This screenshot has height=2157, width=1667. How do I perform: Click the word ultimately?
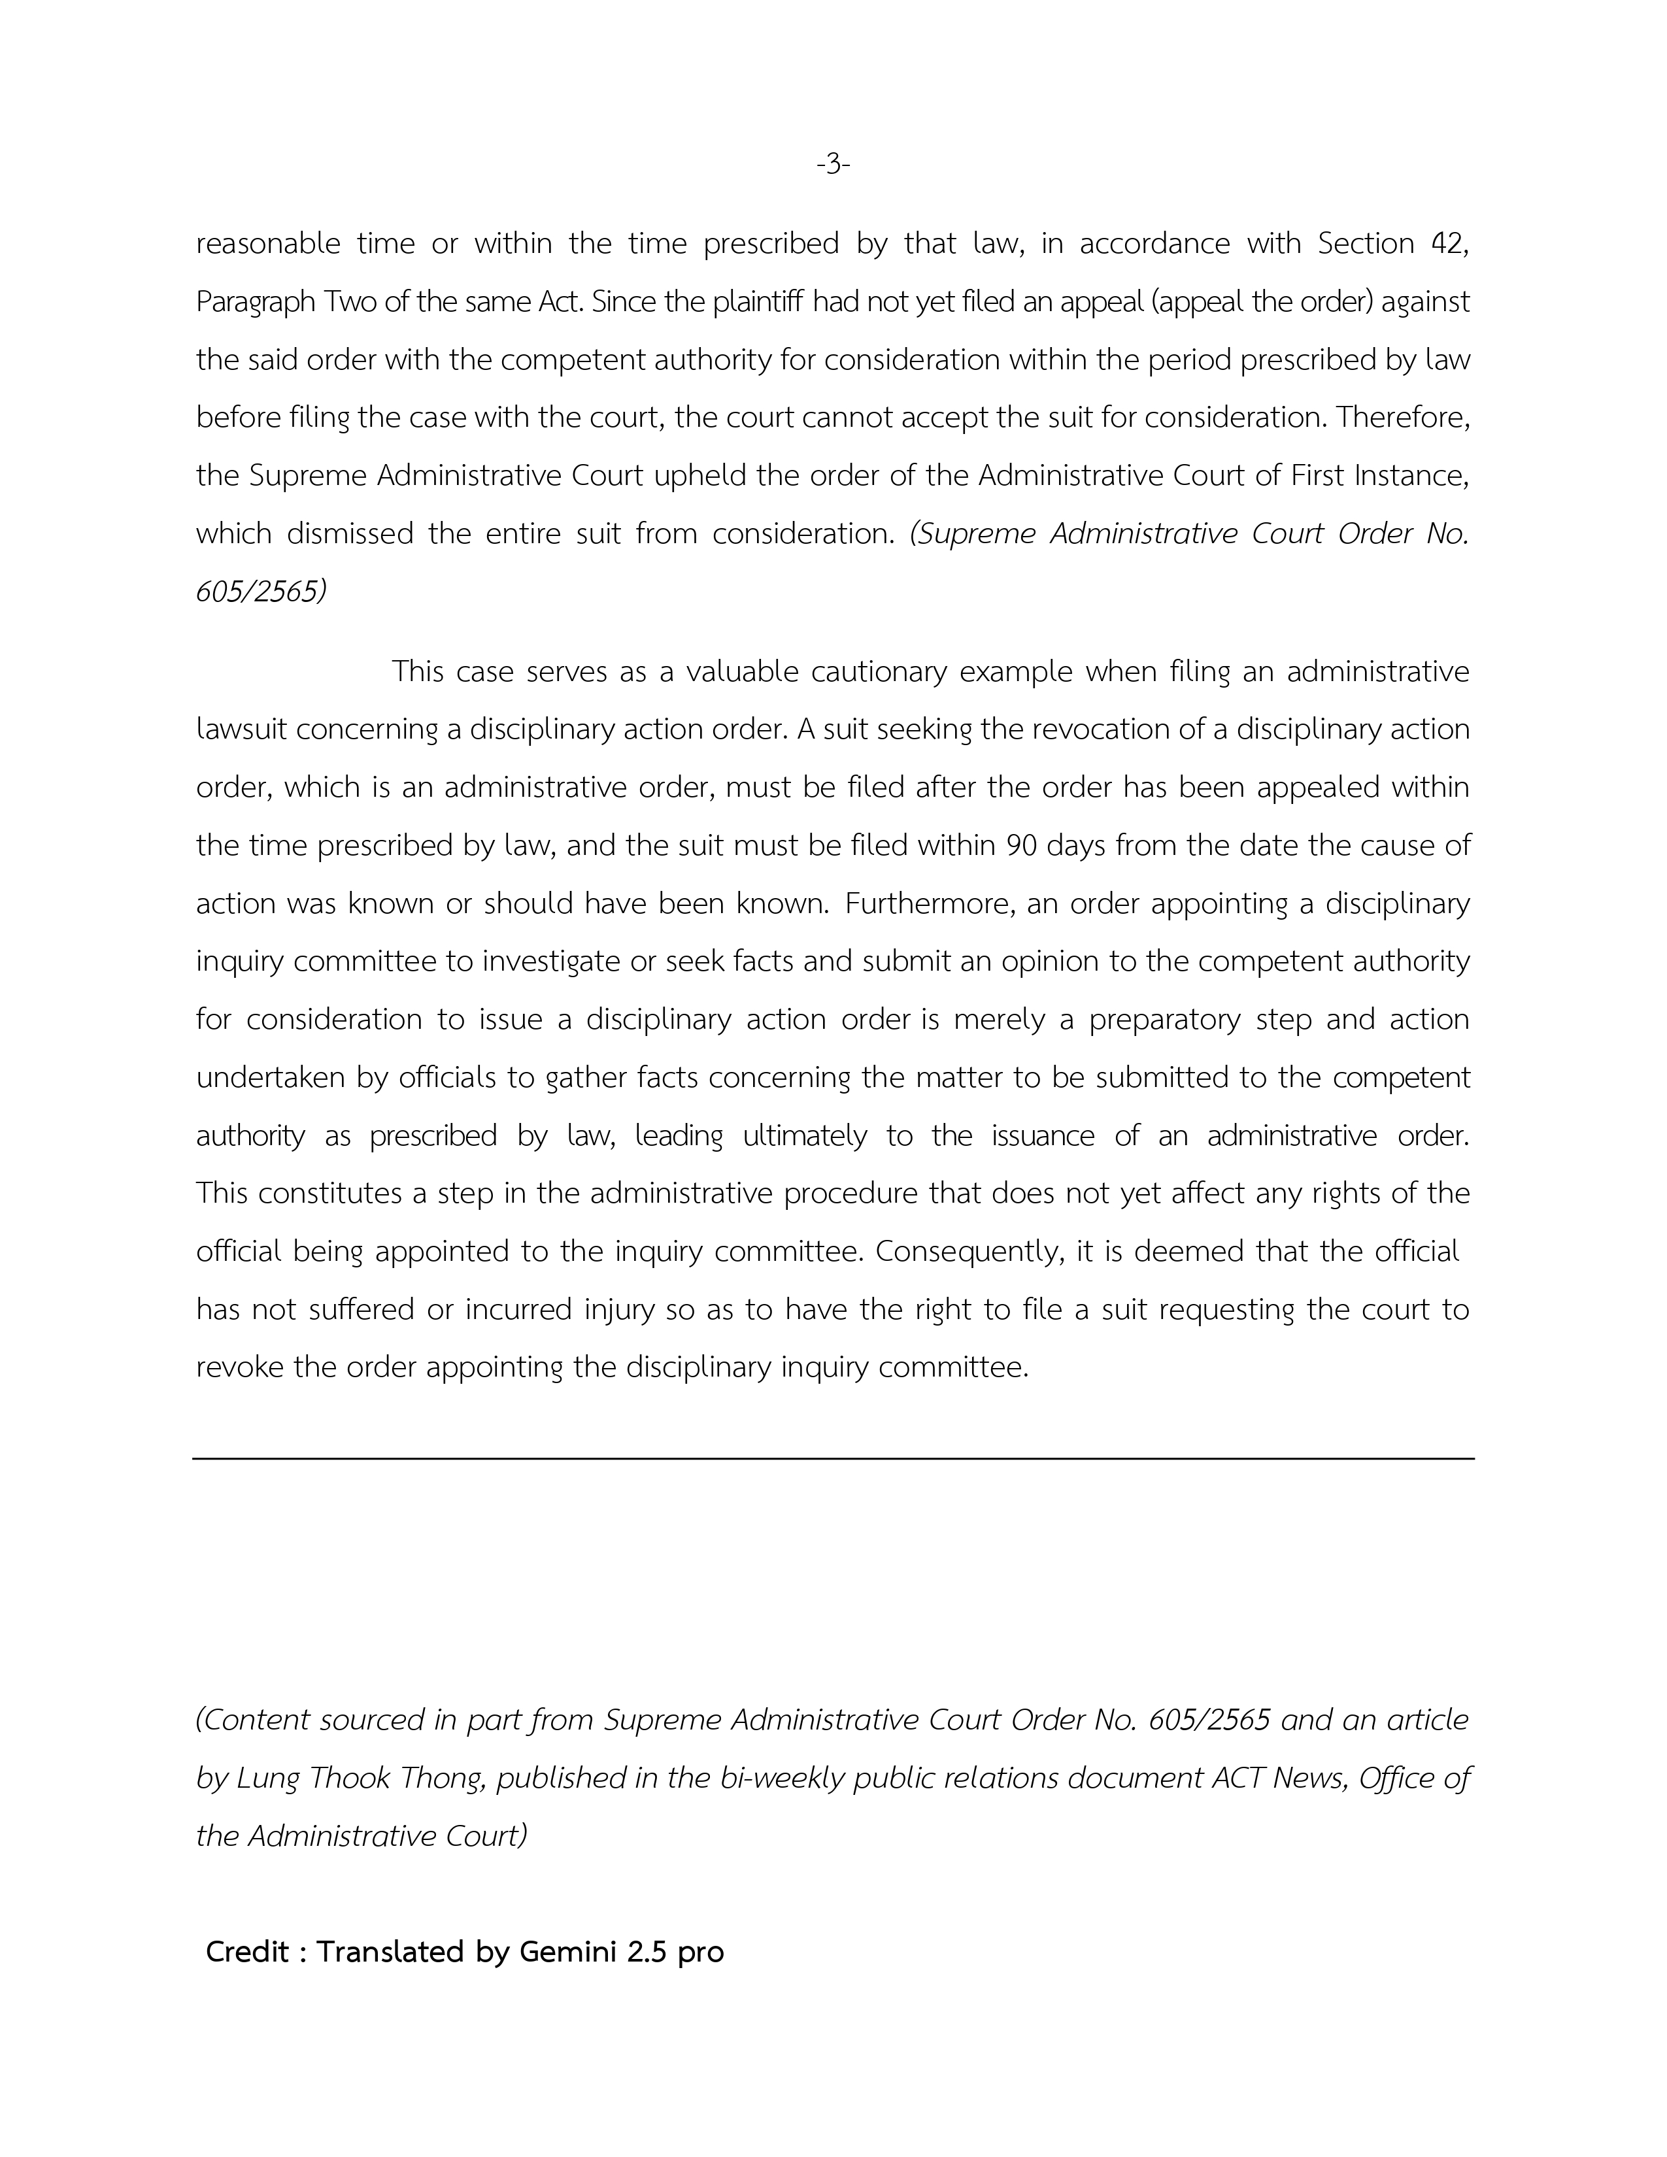(x=805, y=1136)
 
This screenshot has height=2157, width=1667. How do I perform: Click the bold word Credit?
(x=247, y=1952)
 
